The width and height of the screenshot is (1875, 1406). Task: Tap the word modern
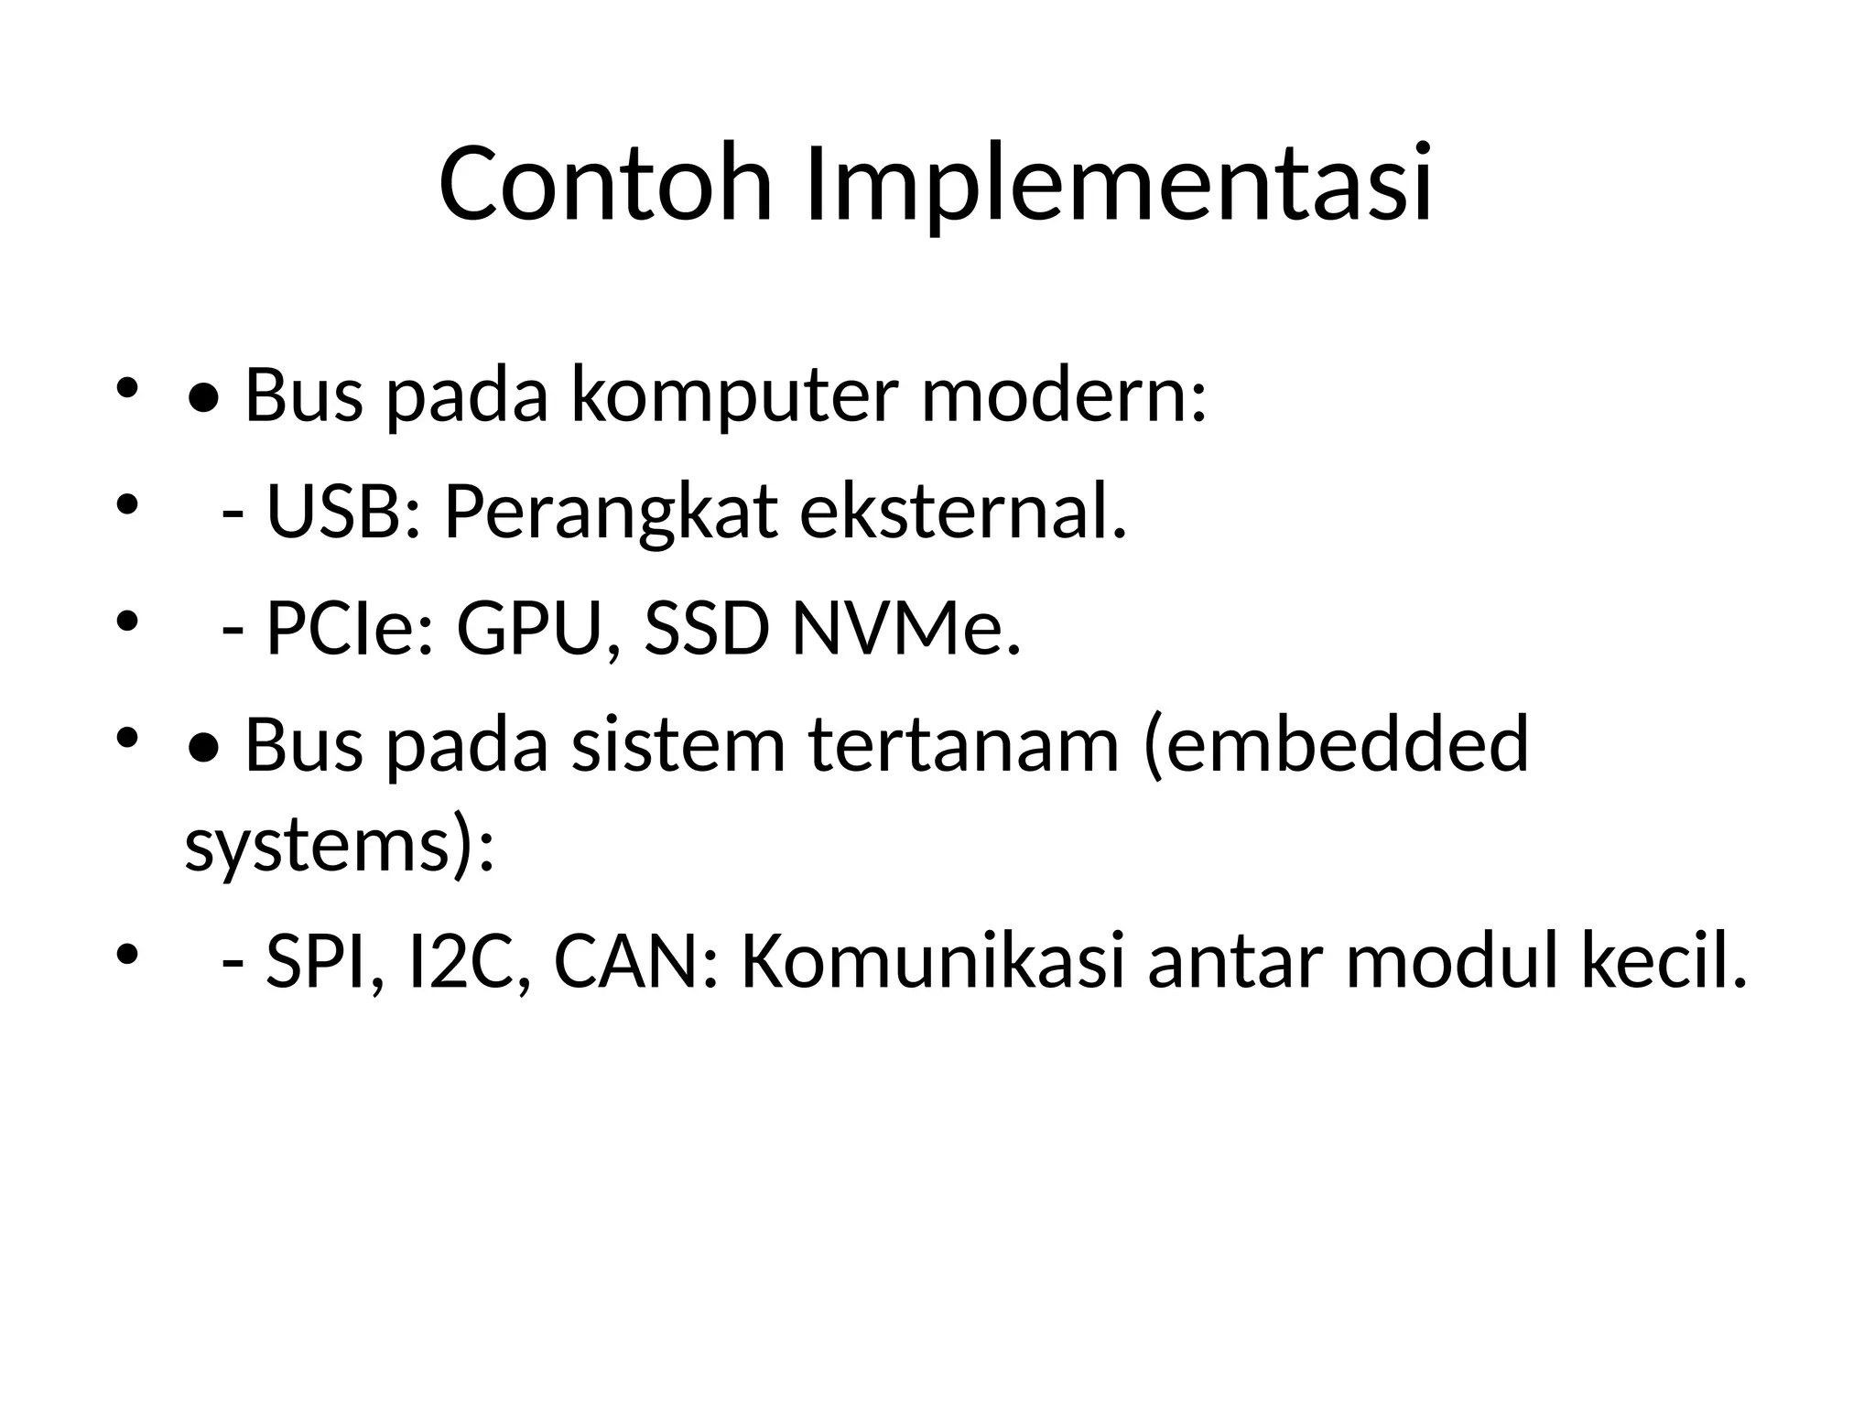1062,395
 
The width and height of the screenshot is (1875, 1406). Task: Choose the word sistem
678,745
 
